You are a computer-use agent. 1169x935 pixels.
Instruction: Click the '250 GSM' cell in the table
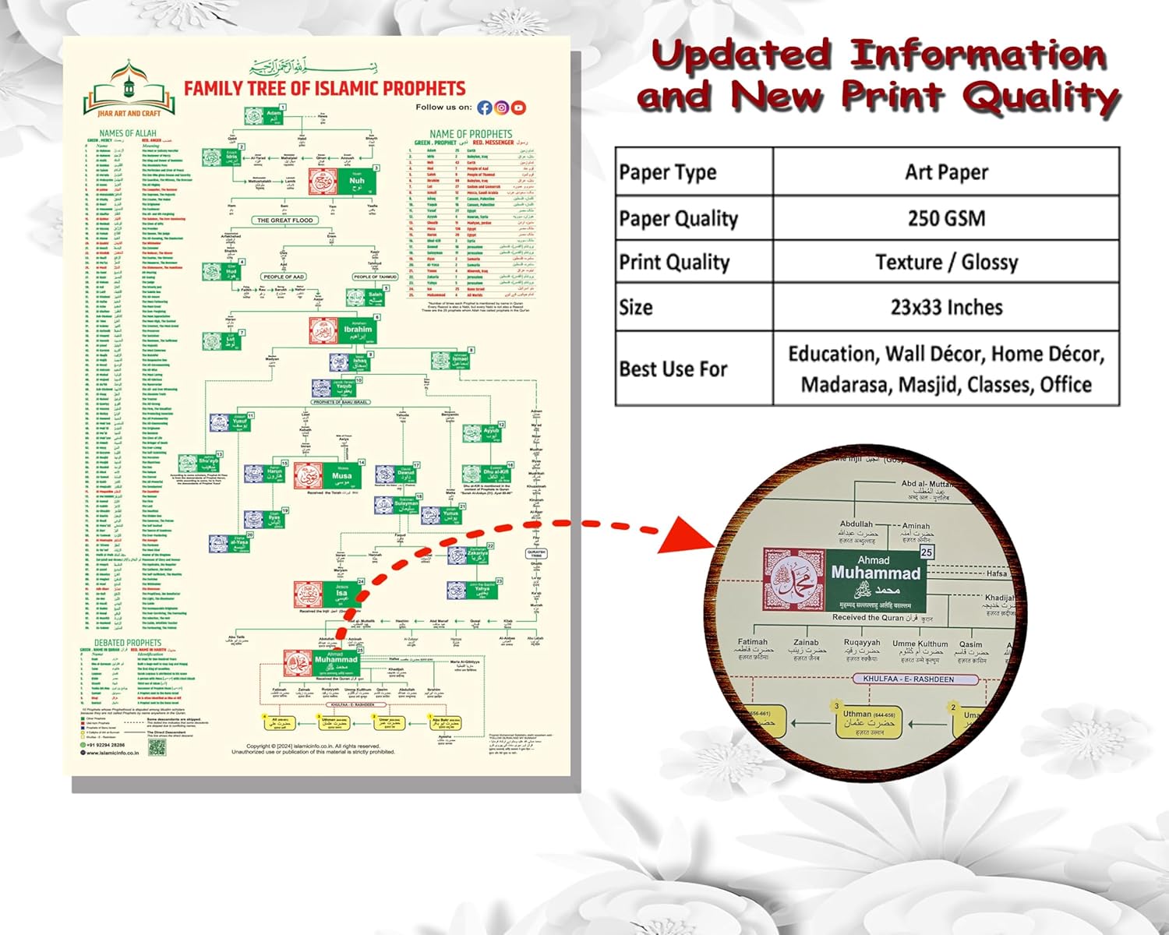tap(946, 218)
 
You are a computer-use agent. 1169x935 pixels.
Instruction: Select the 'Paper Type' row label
tap(668, 172)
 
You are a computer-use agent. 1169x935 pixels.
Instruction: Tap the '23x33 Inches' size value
tap(946, 307)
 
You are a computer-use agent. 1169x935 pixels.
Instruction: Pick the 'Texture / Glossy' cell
tap(946, 262)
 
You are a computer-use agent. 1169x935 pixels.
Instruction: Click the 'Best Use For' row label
tap(673, 369)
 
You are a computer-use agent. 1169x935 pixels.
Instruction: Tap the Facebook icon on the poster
tap(485, 108)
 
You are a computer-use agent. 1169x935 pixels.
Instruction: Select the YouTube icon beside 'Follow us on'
tap(518, 108)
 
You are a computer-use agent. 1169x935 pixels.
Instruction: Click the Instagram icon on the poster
tap(502, 108)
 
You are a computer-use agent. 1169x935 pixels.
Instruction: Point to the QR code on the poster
tap(157, 747)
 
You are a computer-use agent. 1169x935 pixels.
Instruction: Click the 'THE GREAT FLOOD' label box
tap(285, 221)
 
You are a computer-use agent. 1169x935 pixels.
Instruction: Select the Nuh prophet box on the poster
tap(344, 181)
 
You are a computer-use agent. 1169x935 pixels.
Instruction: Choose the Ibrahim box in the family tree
tap(344, 330)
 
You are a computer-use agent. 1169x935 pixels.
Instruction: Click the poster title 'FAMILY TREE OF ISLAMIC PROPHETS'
tap(324, 88)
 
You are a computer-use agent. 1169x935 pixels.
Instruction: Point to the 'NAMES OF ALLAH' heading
tap(128, 134)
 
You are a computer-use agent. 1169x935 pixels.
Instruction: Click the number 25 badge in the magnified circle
tap(926, 552)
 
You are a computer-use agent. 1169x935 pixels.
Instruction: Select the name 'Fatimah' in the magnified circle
tap(753, 642)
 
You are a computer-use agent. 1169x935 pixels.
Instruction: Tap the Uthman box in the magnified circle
tap(868, 722)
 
